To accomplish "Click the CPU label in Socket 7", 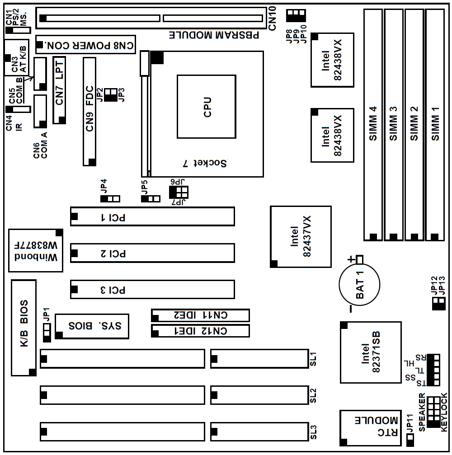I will point(207,107).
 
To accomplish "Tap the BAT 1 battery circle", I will point(359,284).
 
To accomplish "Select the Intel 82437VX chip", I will point(301,236).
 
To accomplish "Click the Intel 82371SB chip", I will point(371,352).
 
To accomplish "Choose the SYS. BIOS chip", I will point(92,325).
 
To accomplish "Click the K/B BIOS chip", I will point(24,328).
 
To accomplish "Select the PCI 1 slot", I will point(152,216).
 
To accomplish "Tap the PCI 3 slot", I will point(152,290).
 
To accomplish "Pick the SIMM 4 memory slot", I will point(373,124).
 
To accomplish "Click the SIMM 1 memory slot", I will point(435,124).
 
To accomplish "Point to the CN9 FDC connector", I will point(89,112).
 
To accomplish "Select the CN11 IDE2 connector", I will point(200,315).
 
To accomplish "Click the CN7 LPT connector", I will point(60,90).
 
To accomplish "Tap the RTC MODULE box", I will point(370,427).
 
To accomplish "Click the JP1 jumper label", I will point(46,314).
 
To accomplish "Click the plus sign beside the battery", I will point(350,259).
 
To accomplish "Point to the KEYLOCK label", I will point(444,411).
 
